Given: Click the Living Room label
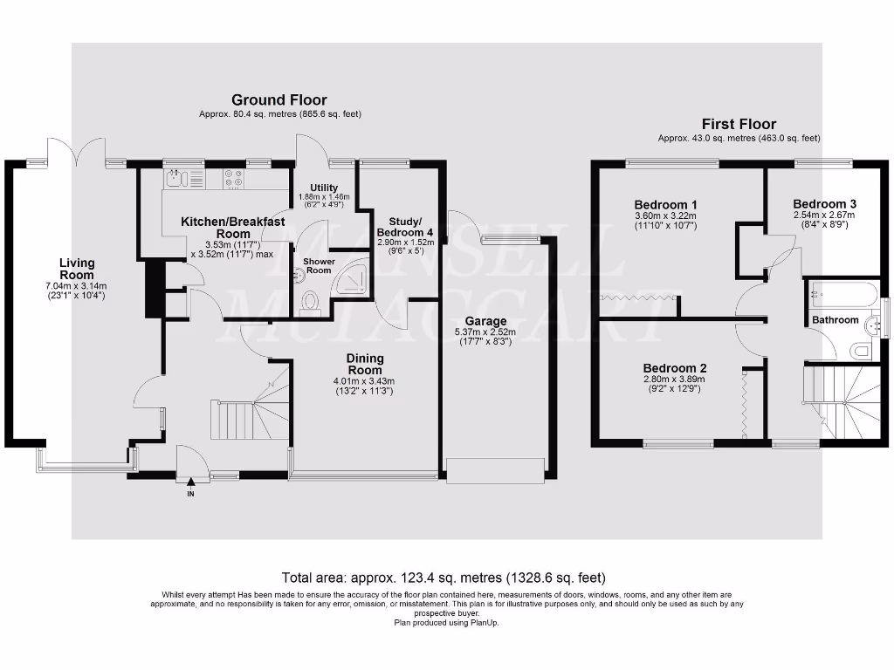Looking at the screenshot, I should click(x=77, y=268).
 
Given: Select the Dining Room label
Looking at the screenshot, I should click(x=365, y=364).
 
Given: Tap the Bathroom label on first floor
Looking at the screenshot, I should click(x=836, y=320).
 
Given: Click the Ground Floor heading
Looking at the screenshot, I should click(x=279, y=100).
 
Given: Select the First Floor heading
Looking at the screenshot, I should click(x=739, y=124).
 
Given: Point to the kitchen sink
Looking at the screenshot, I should click(x=175, y=178).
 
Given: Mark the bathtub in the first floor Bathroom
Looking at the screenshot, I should click(x=843, y=294).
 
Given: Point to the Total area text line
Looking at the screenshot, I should click(x=444, y=578).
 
